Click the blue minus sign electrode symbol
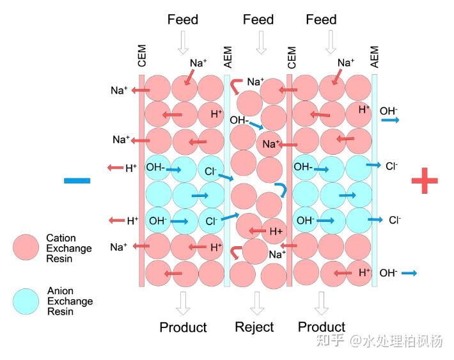pyautogui.click(x=77, y=181)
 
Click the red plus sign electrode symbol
pyautogui.click(x=425, y=180)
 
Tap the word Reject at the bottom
pyautogui.click(x=254, y=327)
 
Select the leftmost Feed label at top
pyautogui.click(x=183, y=20)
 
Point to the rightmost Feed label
pyautogui.click(x=321, y=20)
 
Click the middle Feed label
pyautogui.click(x=258, y=20)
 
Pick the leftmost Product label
pyautogui.click(x=183, y=327)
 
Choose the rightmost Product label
pyautogui.click(x=322, y=327)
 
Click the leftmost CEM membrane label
pyautogui.click(x=142, y=56)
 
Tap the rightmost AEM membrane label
pyautogui.click(x=374, y=57)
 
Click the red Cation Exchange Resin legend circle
pyautogui.click(x=26, y=247)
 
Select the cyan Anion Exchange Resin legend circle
pyautogui.click(x=26, y=302)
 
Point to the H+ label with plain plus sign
pyautogui.click(x=276, y=231)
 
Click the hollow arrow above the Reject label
pyautogui.click(x=257, y=303)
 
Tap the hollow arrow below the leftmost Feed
pyautogui.click(x=183, y=43)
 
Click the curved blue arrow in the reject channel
pyautogui.click(x=282, y=190)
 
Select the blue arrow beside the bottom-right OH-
pyautogui.click(x=409, y=273)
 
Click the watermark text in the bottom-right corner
pyautogui.click(x=379, y=341)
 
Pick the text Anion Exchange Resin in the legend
pyautogui.click(x=70, y=301)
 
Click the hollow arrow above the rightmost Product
pyautogui.click(x=321, y=303)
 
